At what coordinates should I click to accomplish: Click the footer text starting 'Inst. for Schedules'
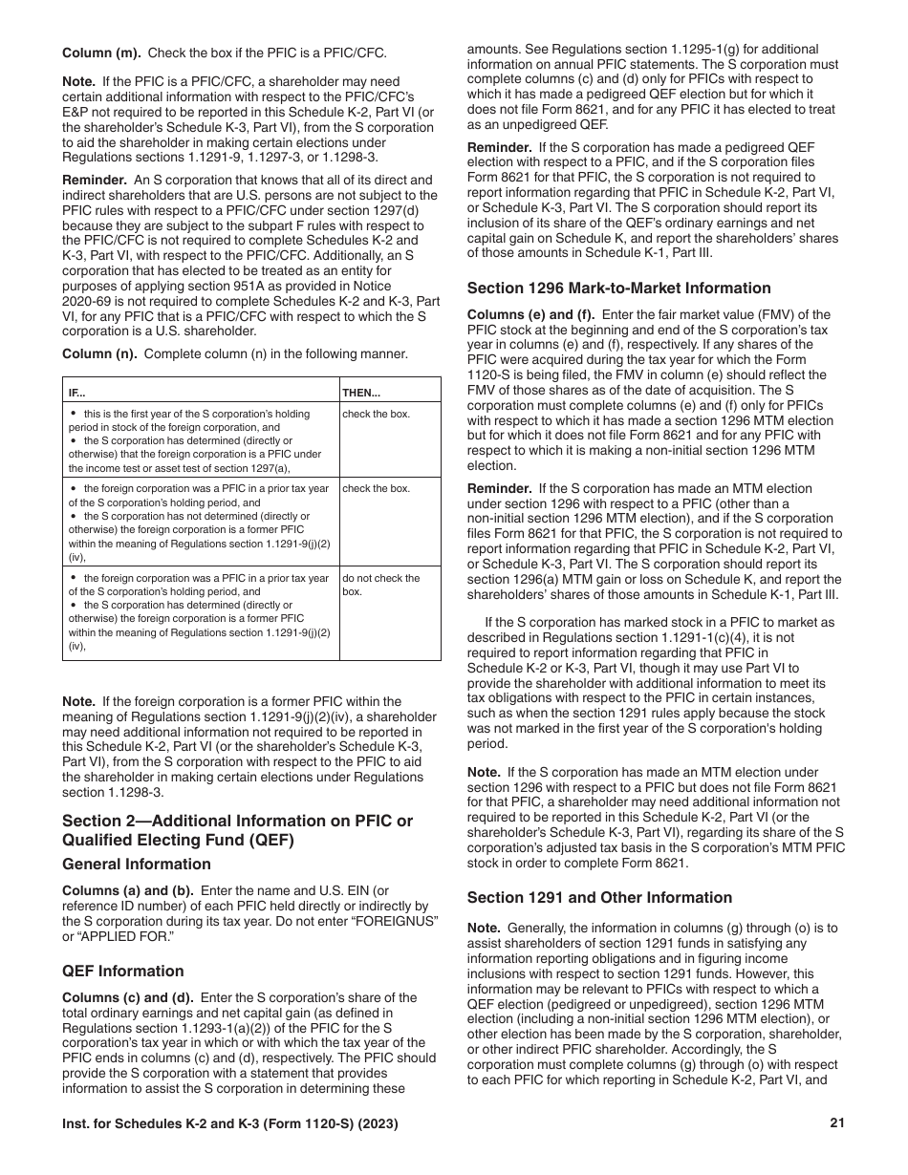click(230, 1124)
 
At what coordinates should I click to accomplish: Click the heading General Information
click(137, 864)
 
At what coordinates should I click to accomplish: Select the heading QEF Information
click(123, 971)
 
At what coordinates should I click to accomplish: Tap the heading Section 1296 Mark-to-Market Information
click(618, 288)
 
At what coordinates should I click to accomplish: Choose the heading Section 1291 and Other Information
click(599, 897)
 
